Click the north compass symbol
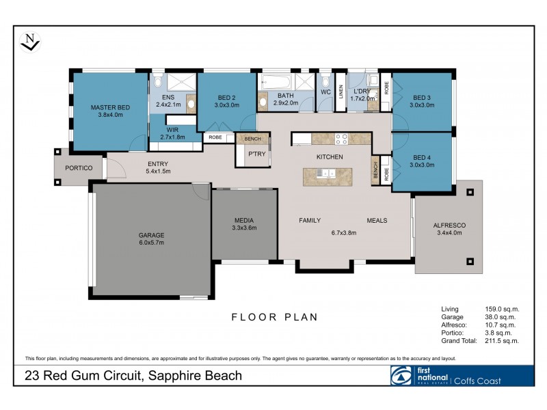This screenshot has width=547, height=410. coord(30,42)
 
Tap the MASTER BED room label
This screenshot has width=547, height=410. coord(111,111)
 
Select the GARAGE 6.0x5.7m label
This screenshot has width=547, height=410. coord(152,238)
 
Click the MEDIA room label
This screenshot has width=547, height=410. coord(244,223)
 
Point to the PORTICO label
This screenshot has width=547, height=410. coord(79,167)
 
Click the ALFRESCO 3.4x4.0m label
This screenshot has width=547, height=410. coord(449,229)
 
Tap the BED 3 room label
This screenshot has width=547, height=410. coord(422,101)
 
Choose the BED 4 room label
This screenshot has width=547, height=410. coord(422,160)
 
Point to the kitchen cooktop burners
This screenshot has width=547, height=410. coord(341,139)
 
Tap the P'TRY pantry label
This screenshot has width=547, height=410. coord(256,154)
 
